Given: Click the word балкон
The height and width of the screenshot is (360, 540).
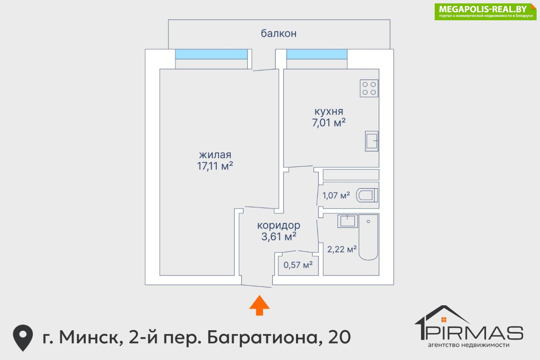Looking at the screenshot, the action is [x=279, y=33].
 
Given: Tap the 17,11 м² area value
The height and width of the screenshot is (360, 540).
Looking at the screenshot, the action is [x=215, y=166].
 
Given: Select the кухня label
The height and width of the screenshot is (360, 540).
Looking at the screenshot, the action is [x=329, y=112].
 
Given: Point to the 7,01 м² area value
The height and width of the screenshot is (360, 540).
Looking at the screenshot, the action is [x=329, y=123].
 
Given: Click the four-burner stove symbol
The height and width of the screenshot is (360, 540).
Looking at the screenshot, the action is [x=369, y=88].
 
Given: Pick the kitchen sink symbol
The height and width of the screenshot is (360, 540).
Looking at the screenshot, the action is [x=372, y=141].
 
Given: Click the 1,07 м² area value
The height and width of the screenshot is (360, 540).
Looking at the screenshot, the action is [x=336, y=196].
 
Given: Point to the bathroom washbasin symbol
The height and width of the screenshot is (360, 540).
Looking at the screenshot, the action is [x=347, y=221].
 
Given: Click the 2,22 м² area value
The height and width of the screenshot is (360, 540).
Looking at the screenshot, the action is [x=342, y=249].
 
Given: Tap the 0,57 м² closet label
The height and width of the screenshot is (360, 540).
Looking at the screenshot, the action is [x=298, y=265].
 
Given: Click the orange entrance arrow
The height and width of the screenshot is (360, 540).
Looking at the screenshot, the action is [x=260, y=305].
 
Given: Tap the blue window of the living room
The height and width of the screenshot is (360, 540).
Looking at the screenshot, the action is [x=211, y=54].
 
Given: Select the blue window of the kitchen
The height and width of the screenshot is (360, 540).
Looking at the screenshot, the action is [x=317, y=54].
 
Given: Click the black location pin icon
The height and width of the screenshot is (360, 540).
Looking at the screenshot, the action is [x=23, y=338].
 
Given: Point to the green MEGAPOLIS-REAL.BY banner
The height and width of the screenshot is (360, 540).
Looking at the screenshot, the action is [x=486, y=12].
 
